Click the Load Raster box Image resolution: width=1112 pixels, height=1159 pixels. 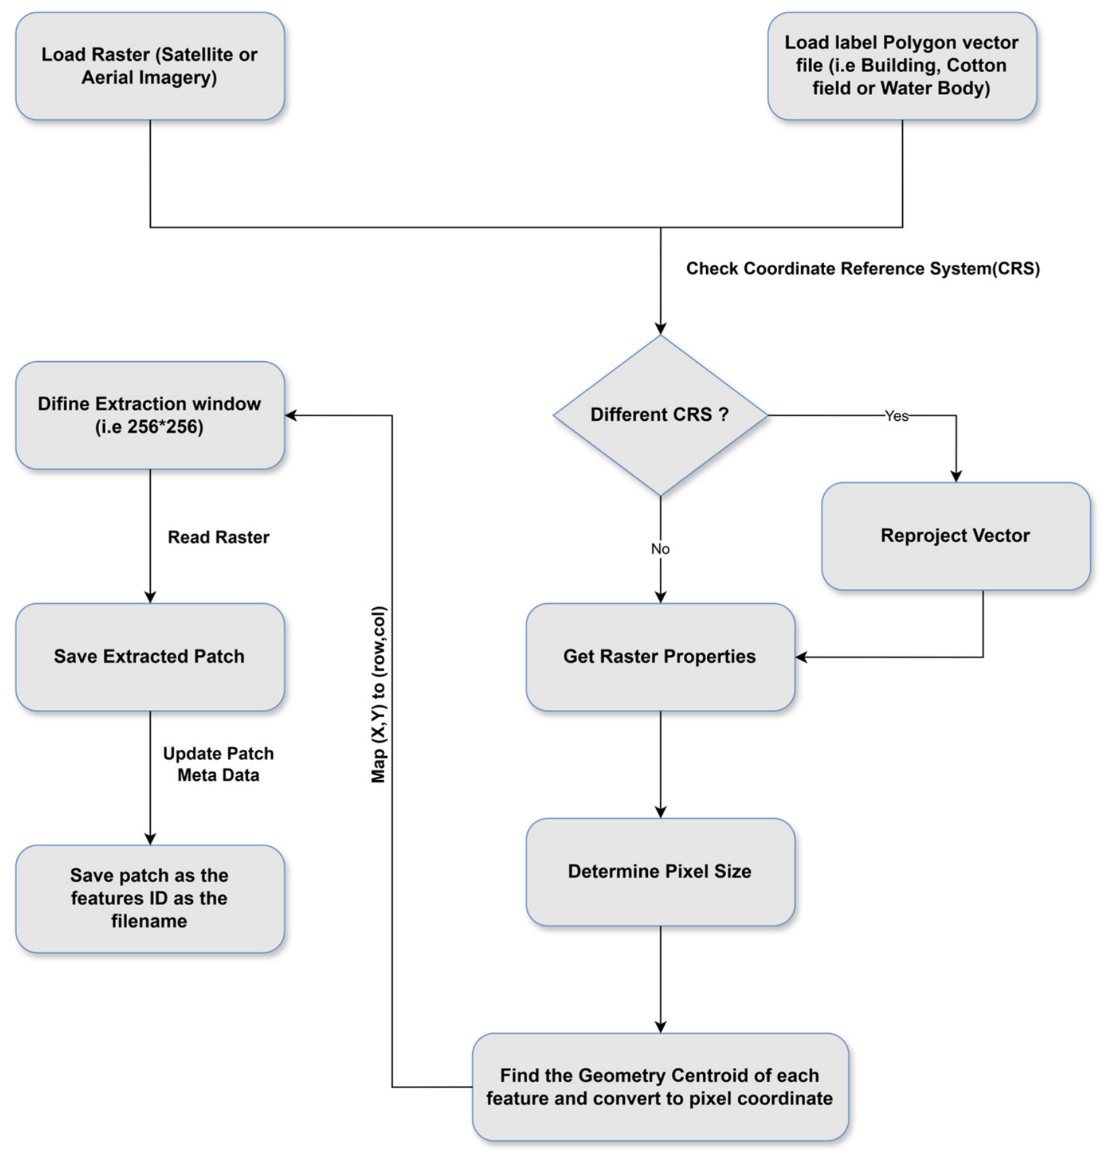(x=150, y=66)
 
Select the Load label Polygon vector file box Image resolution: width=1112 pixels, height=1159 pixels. (x=902, y=66)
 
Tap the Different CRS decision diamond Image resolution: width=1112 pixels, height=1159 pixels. (x=660, y=416)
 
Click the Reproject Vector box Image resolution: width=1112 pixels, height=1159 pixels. (x=956, y=536)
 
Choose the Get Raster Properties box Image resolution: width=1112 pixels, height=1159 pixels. (x=660, y=657)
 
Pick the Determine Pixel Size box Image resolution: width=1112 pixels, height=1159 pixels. (x=660, y=872)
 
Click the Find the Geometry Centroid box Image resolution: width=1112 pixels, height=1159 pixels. (x=660, y=1087)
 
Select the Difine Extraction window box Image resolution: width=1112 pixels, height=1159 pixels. (x=150, y=416)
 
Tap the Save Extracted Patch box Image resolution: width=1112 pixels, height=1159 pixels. (x=150, y=657)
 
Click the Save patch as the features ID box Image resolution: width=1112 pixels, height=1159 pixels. (x=150, y=899)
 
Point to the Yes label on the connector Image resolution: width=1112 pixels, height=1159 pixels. (x=896, y=416)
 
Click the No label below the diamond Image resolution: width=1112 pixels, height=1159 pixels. (x=660, y=549)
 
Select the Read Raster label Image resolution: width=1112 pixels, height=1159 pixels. (x=218, y=538)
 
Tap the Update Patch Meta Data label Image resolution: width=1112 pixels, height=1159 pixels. (x=218, y=764)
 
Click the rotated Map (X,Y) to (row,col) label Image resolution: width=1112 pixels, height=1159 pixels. (x=378, y=694)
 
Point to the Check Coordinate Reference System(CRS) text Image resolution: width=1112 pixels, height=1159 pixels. (x=863, y=269)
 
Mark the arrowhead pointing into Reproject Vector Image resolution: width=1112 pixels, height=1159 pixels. (x=956, y=477)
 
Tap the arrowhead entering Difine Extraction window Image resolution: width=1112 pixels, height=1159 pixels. (x=291, y=415)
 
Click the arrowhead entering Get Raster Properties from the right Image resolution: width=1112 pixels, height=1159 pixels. (x=801, y=657)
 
